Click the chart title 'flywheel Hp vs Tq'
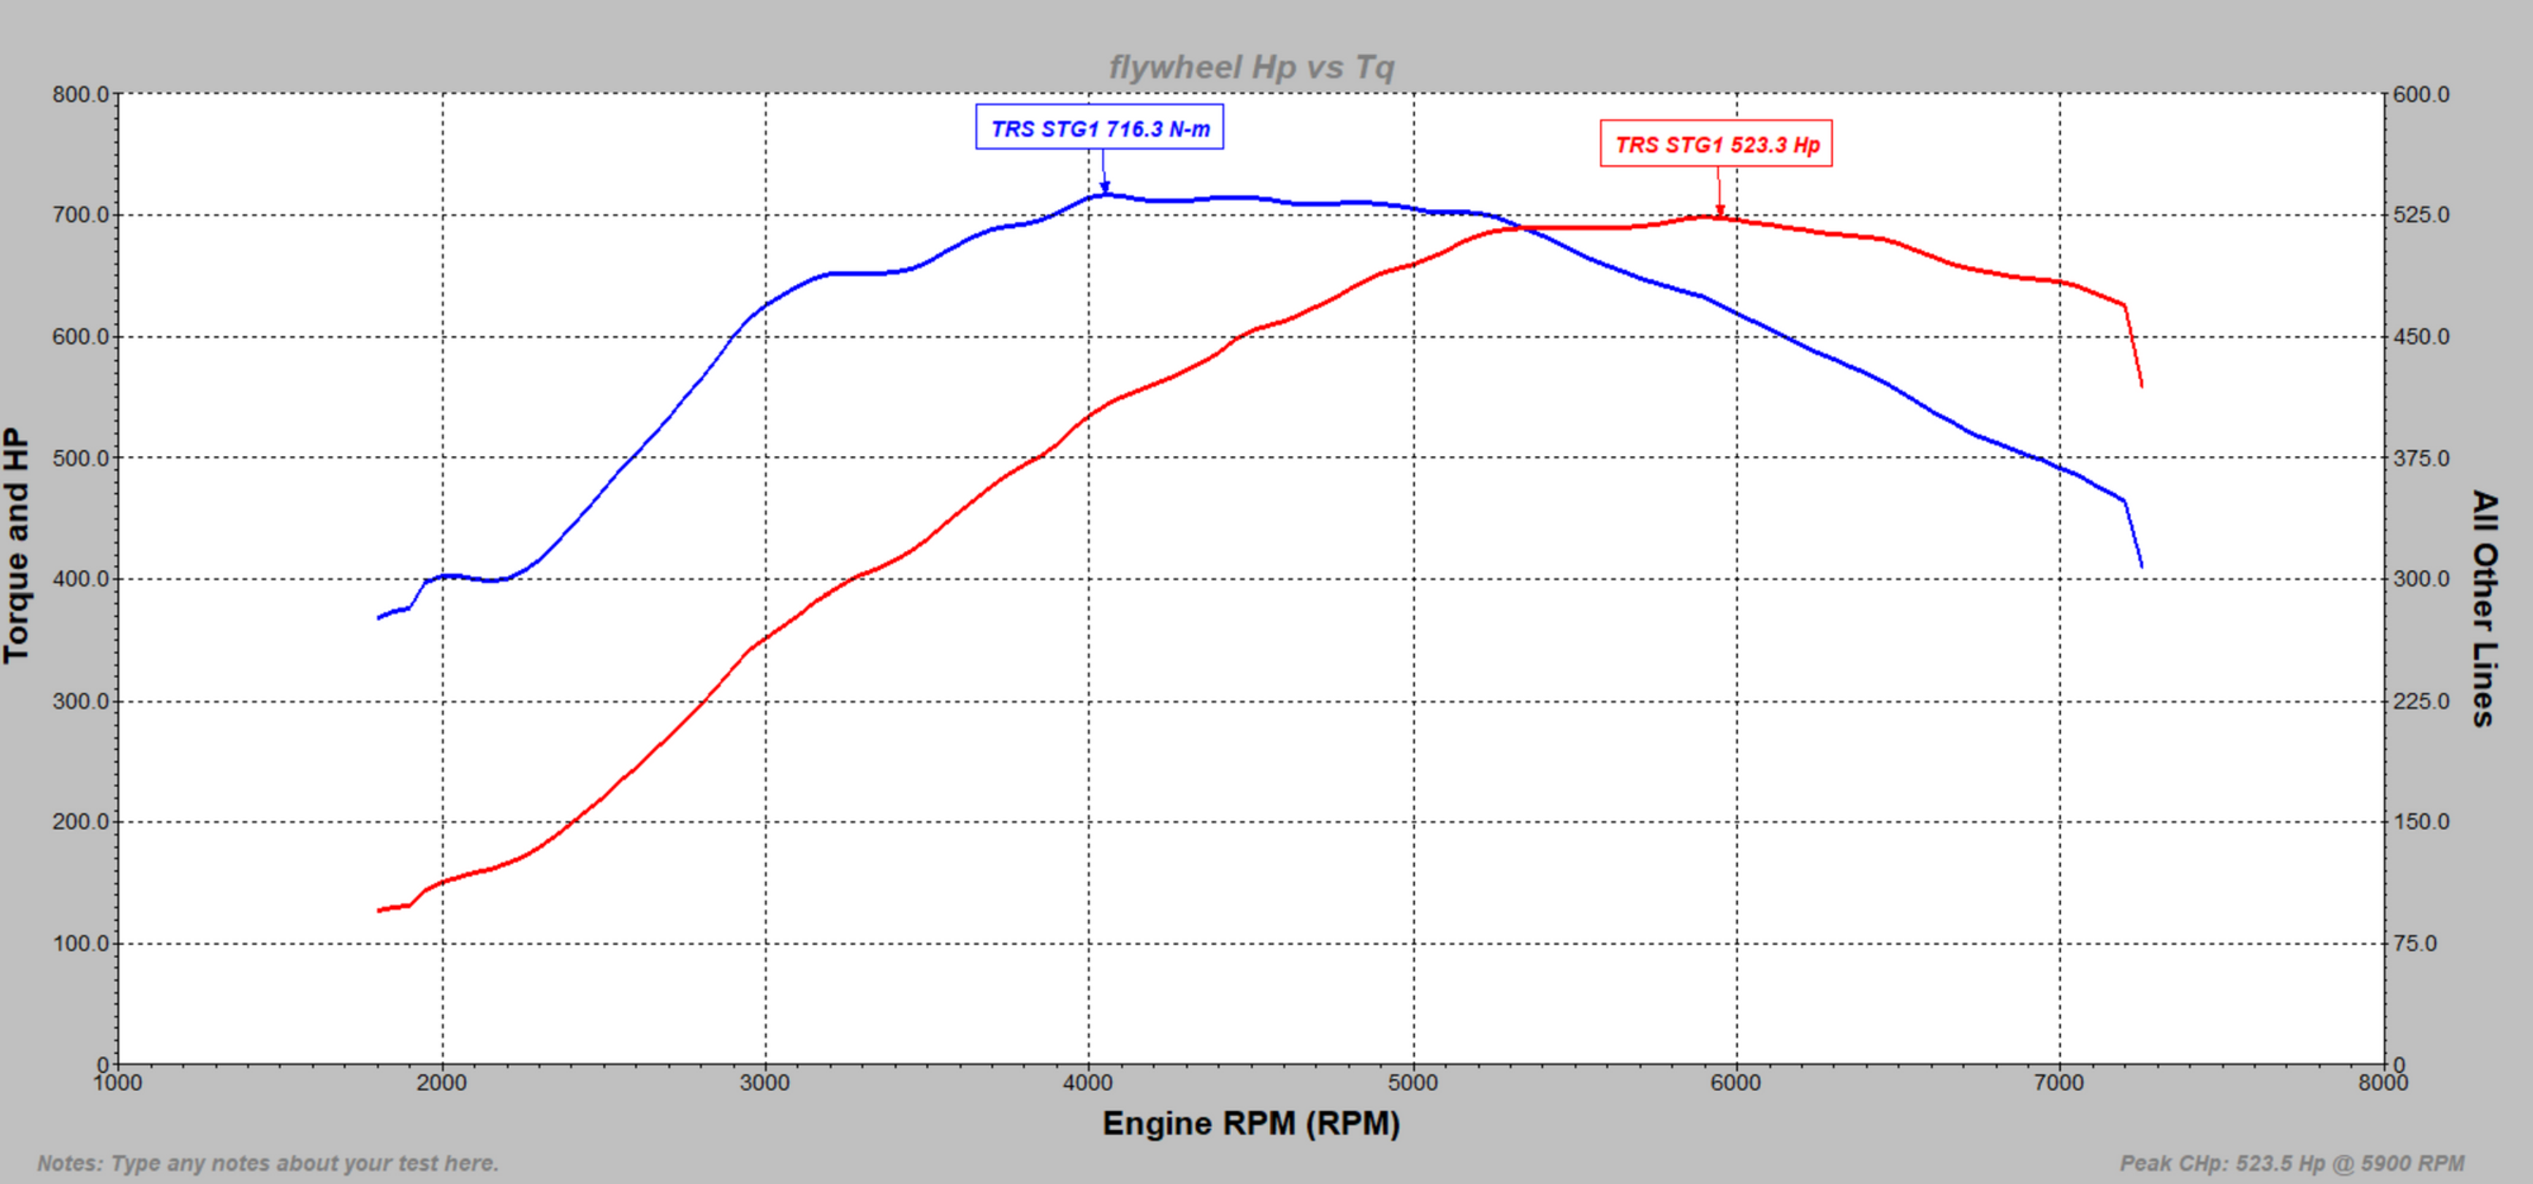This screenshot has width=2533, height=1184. [x=1251, y=67]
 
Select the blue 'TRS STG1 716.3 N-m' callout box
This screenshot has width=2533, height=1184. [x=1099, y=128]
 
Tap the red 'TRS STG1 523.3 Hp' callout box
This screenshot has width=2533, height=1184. [x=1716, y=144]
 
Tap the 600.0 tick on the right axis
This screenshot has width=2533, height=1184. [x=2421, y=94]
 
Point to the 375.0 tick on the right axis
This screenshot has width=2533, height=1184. [x=2421, y=458]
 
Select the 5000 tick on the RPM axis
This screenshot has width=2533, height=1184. [x=1413, y=1083]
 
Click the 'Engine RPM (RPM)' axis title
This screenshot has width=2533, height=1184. [x=1251, y=1123]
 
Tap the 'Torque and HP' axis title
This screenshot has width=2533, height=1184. [x=18, y=546]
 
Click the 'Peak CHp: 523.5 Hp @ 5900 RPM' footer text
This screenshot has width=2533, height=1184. [x=2291, y=1164]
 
